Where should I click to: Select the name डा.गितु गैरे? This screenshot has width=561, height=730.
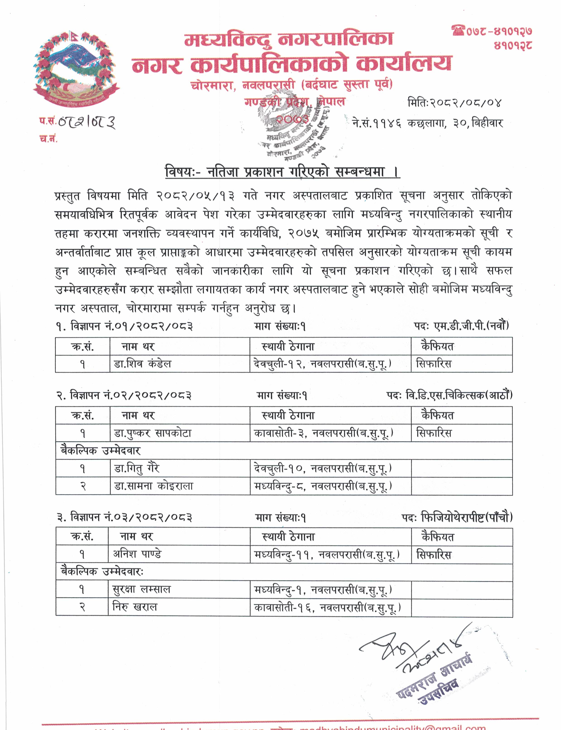pos(137,468)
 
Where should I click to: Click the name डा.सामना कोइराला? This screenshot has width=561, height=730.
pos(154,486)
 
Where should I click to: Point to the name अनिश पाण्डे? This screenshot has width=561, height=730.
pos(137,554)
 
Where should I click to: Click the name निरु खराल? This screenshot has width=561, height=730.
pos(135,607)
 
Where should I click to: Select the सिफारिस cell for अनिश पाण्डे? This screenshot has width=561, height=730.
pos(433,555)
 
